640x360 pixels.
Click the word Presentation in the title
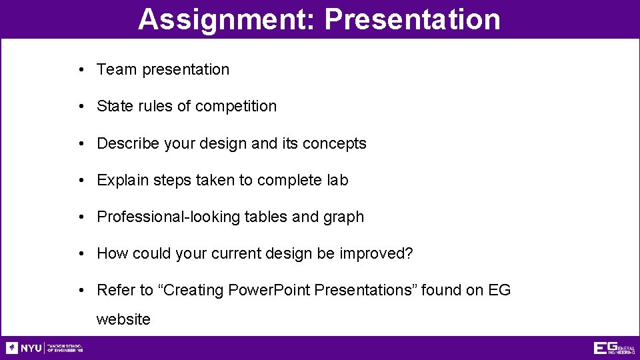click(x=412, y=19)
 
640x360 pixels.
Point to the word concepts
click(x=334, y=143)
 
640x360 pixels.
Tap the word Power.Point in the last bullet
click(x=269, y=290)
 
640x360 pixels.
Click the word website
click(x=123, y=319)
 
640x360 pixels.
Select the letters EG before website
click(x=499, y=290)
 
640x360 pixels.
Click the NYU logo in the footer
click(x=24, y=348)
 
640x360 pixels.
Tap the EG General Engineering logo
click(x=614, y=348)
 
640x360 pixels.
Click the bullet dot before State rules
click(x=79, y=107)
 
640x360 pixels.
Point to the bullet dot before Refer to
click(x=79, y=291)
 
